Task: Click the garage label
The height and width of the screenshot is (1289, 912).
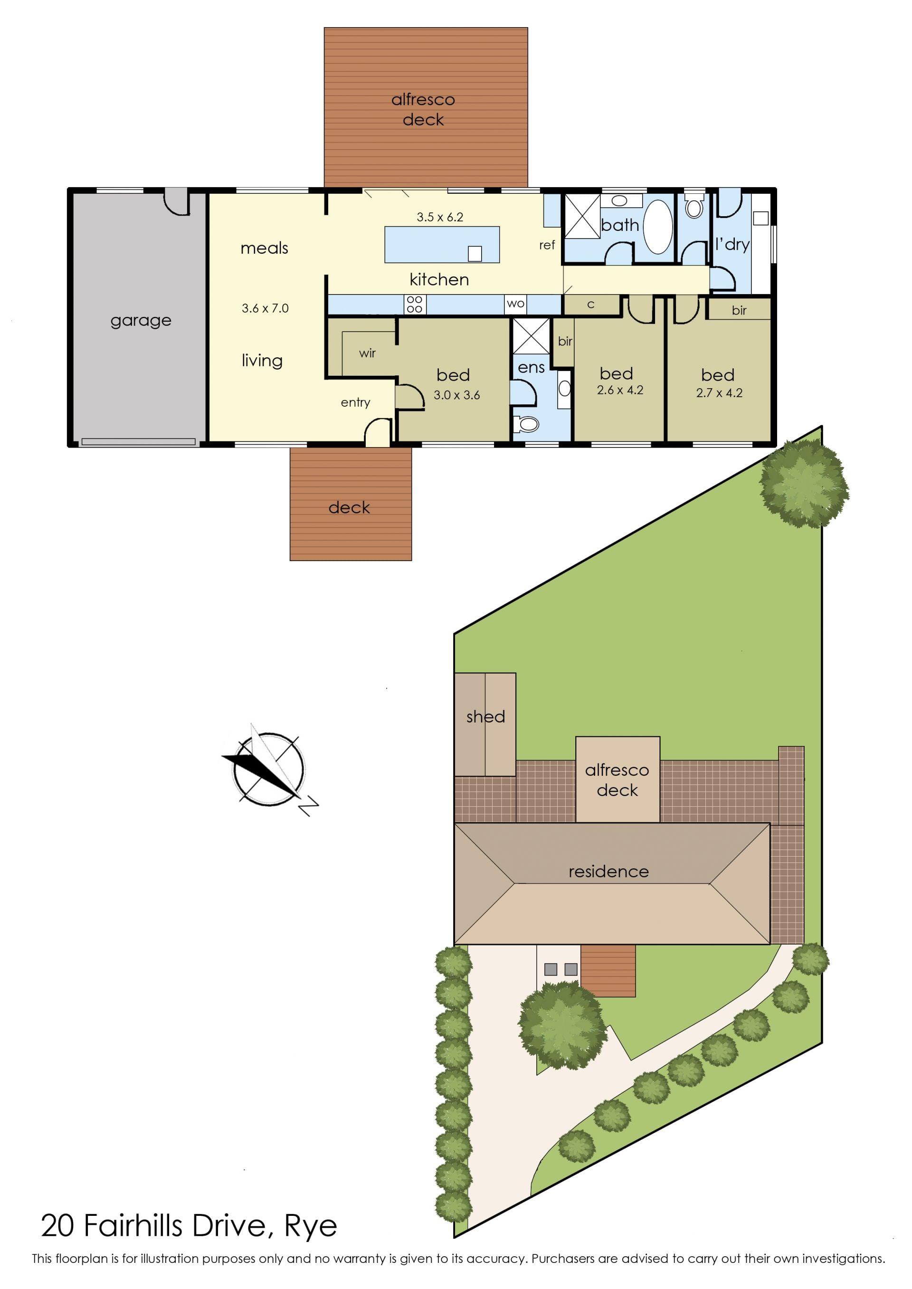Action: pos(141,321)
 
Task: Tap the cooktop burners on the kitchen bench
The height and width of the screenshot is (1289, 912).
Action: pos(415,305)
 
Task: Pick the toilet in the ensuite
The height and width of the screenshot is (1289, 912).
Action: pos(526,425)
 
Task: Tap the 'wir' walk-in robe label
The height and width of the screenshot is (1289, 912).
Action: pos(367,353)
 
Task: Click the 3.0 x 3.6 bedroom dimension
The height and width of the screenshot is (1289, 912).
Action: pos(456,395)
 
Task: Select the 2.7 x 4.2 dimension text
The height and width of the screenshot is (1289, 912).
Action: pos(719,393)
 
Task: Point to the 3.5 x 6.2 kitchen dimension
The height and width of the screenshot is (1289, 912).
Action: pos(440,217)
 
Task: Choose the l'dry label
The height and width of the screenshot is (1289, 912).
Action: pos(732,244)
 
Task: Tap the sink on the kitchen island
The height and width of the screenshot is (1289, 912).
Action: pos(475,253)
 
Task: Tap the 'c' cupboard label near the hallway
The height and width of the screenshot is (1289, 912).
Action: pos(590,305)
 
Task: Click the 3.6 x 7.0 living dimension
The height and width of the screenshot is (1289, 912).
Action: pos(265,308)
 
